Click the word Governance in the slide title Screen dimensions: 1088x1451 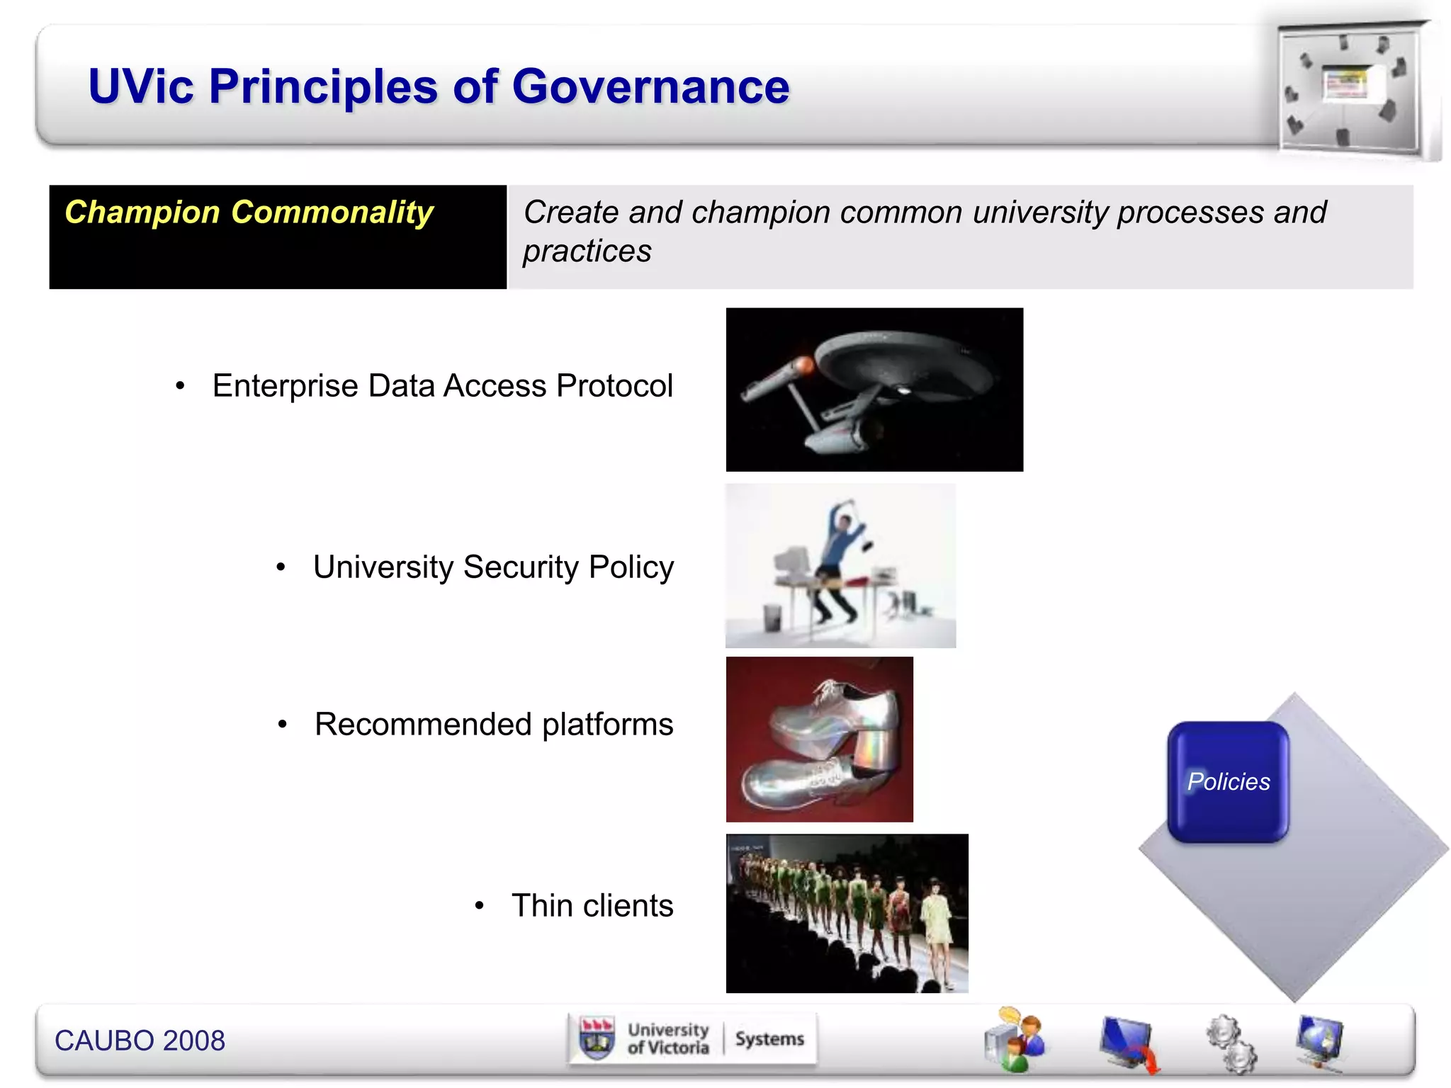click(x=650, y=86)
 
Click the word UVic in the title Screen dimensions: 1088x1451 click(x=141, y=86)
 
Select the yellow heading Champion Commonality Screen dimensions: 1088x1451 click(x=249, y=212)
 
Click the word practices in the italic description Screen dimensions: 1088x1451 click(x=587, y=251)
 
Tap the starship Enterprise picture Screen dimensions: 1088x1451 click(x=874, y=389)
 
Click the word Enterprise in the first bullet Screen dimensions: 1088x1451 click(x=285, y=387)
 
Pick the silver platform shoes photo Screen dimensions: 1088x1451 click(x=819, y=739)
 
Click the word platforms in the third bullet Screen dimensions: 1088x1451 click(x=607, y=725)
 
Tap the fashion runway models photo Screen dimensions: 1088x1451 click(x=847, y=913)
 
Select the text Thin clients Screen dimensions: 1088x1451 click(x=592, y=906)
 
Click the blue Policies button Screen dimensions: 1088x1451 click(x=1228, y=782)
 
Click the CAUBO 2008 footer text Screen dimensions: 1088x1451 click(x=140, y=1041)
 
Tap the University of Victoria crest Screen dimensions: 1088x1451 click(x=597, y=1038)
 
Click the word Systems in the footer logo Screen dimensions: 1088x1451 click(x=769, y=1039)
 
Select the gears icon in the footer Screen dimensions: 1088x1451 click(x=1231, y=1043)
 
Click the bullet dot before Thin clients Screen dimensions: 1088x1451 click(x=480, y=906)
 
